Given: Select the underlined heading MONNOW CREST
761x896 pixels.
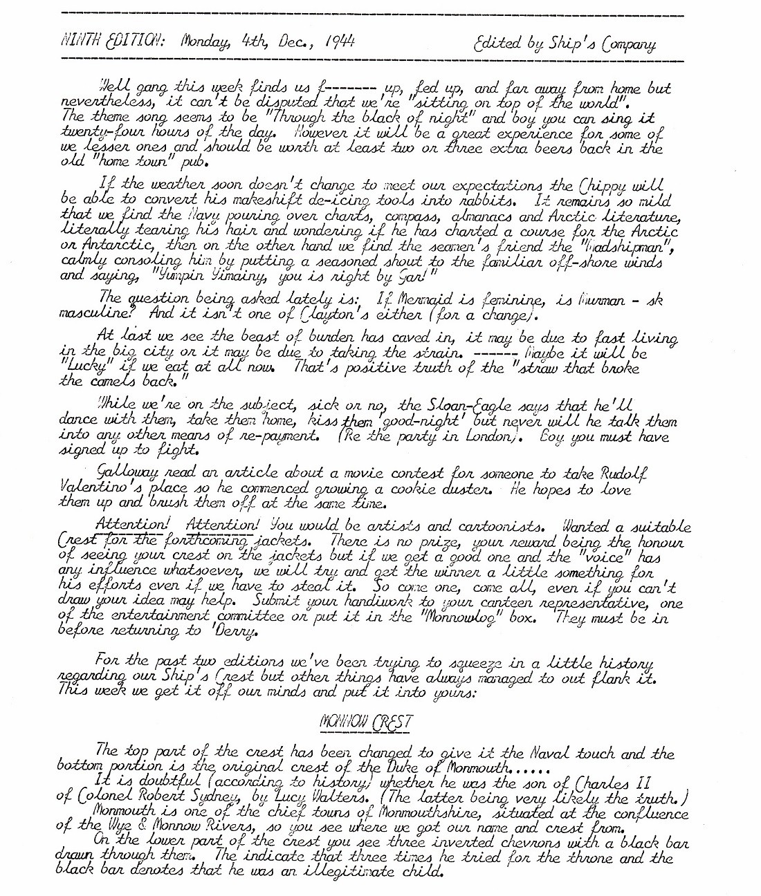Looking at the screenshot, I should pos(366,722).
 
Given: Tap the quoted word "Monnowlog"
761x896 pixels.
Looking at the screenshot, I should pos(450,619).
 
